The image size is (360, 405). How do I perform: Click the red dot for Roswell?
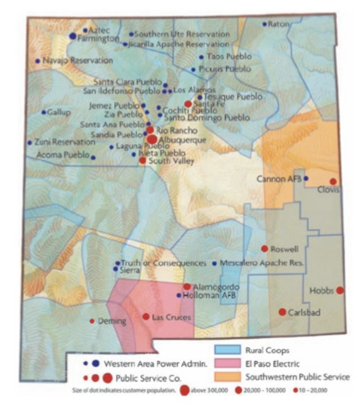tap(264, 249)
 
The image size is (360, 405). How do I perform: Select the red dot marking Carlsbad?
tap(282, 312)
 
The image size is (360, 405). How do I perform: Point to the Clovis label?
tap(328, 189)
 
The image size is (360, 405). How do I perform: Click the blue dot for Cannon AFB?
tap(306, 178)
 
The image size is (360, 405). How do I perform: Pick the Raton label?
tap(279, 24)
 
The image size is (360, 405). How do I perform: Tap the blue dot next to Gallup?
tap(44, 112)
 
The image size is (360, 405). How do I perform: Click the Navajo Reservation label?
tap(77, 61)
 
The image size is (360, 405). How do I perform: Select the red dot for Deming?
tap(92, 321)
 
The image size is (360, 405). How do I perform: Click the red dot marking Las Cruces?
tap(146, 317)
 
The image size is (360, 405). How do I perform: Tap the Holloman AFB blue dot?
tap(179, 295)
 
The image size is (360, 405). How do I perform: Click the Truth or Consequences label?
tap(163, 263)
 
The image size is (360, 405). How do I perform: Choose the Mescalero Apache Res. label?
tap(261, 263)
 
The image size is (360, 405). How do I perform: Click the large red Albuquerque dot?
tap(152, 139)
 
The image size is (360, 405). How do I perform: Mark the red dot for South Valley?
tap(142, 160)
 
